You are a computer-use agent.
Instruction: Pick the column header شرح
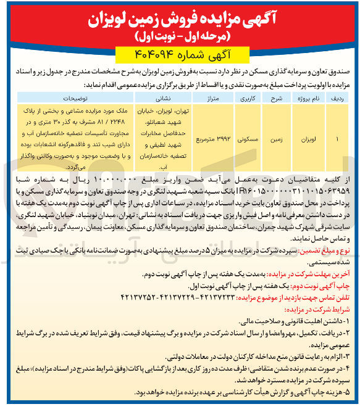click(x=277, y=97)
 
